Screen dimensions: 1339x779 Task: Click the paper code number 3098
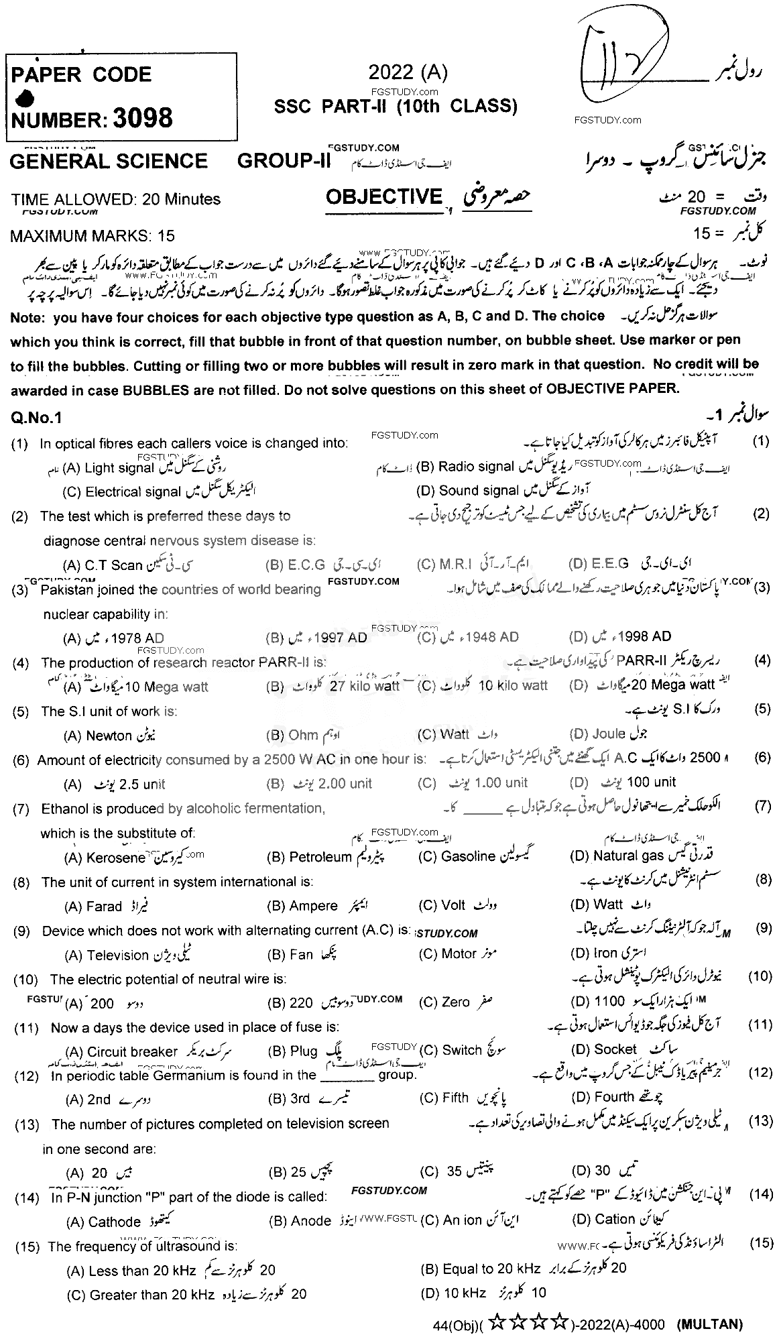pyautogui.click(x=143, y=119)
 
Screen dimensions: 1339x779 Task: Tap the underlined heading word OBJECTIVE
pyautogui.click(x=384, y=196)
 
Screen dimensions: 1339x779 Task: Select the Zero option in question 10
pyautogui.click(x=455, y=1002)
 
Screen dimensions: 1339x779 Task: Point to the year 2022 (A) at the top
pyautogui.click(x=408, y=72)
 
